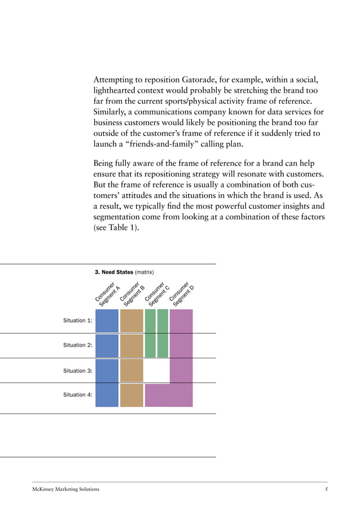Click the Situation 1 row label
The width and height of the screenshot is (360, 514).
pos(78,320)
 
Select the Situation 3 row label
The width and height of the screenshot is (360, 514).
pos(78,371)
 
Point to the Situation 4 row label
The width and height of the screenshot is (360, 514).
pos(78,395)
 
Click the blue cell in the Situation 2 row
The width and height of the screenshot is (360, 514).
pos(107,345)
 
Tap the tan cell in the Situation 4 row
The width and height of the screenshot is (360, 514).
pos(131,395)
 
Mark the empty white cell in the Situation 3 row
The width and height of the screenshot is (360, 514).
pos(156,371)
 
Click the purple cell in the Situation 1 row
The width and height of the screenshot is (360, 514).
pos(181,320)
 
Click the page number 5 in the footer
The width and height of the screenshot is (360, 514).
pos(326,489)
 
